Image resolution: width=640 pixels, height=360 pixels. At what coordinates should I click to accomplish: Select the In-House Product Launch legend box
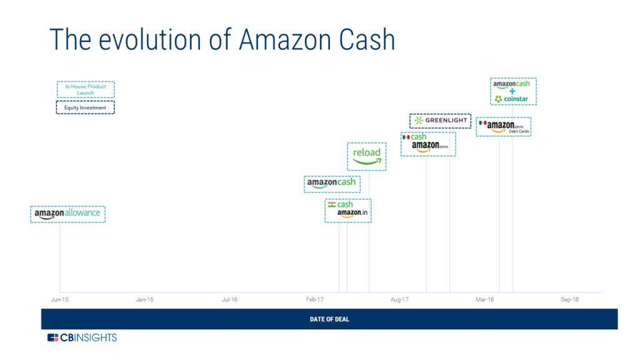click(x=86, y=89)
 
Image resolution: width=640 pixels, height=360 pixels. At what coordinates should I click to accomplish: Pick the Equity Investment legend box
click(x=86, y=107)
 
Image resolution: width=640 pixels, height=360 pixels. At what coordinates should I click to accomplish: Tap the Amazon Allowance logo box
click(x=67, y=214)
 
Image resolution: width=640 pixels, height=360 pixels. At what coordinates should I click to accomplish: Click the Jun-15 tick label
click(x=60, y=300)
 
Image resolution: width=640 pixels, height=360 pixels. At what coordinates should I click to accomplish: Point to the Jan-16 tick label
click(x=144, y=300)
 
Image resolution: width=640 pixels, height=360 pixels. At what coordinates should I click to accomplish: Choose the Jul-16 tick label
click(x=229, y=300)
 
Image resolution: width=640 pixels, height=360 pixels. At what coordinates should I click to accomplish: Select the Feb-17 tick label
click(x=314, y=300)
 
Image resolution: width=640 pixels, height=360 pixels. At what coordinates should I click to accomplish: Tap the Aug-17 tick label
click(x=399, y=300)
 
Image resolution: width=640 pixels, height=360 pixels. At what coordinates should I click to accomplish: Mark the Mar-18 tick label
click(x=484, y=300)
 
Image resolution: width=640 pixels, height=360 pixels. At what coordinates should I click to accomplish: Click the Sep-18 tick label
click(x=569, y=300)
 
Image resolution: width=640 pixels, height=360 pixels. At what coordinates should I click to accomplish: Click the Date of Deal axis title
click(x=329, y=319)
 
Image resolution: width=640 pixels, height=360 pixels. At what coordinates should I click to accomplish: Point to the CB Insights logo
click(x=82, y=337)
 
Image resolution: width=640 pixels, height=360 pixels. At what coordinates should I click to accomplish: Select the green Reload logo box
click(x=367, y=156)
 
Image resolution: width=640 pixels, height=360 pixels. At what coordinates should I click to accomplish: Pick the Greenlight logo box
click(x=440, y=121)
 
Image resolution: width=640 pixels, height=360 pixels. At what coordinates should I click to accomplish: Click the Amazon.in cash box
click(x=347, y=211)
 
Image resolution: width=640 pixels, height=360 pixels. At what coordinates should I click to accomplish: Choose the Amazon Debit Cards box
click(x=504, y=127)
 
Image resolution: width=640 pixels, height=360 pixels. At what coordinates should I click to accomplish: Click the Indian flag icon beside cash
click(x=332, y=204)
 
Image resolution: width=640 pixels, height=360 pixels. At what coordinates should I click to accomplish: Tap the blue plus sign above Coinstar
click(x=512, y=91)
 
